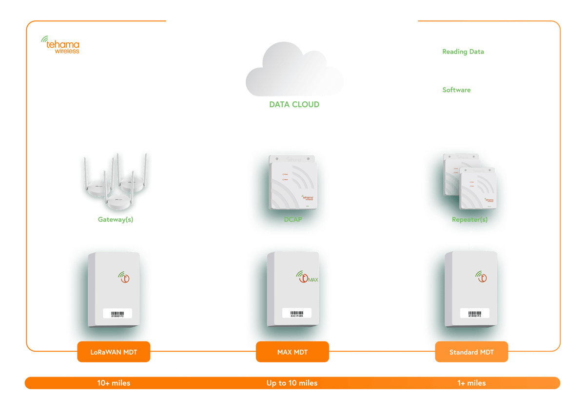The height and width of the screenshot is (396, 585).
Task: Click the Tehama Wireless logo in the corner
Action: [60, 46]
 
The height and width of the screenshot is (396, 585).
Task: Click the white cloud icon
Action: [294, 71]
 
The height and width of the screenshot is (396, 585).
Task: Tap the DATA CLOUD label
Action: [294, 105]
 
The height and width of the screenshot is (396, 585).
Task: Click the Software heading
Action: [456, 90]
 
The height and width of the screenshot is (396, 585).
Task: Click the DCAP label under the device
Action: [292, 219]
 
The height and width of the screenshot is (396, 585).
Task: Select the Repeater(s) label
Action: [470, 219]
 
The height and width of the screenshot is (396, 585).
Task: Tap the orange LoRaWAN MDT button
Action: [114, 352]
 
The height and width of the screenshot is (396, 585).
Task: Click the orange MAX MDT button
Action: [292, 352]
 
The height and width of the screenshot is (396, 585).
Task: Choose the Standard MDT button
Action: [471, 352]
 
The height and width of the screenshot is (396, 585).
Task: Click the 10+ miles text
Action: [114, 383]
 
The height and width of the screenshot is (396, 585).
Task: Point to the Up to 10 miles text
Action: [292, 383]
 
